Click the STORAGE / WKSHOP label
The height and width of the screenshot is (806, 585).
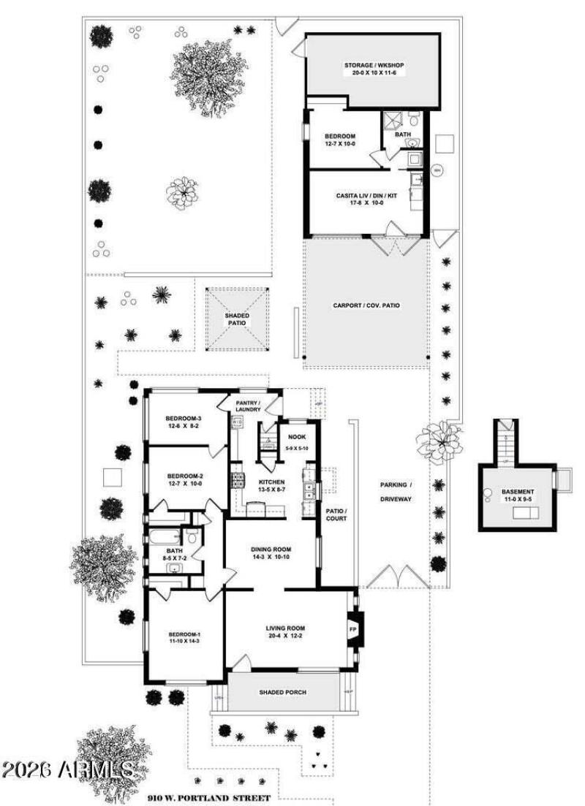[374, 65]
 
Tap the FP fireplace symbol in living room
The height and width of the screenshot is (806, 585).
[352, 629]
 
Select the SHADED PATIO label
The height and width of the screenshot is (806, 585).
[237, 319]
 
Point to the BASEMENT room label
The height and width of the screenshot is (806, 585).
[517, 492]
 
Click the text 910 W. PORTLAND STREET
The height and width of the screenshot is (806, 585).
[208, 797]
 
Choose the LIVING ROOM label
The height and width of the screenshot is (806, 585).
[285, 628]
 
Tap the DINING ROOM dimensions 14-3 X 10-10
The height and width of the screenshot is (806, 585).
[271, 558]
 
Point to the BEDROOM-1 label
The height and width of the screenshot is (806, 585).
[184, 634]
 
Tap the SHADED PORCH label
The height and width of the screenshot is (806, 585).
[283, 692]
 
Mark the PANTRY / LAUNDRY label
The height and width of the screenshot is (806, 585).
[249, 405]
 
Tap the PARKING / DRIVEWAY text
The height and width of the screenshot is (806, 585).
[396, 492]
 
